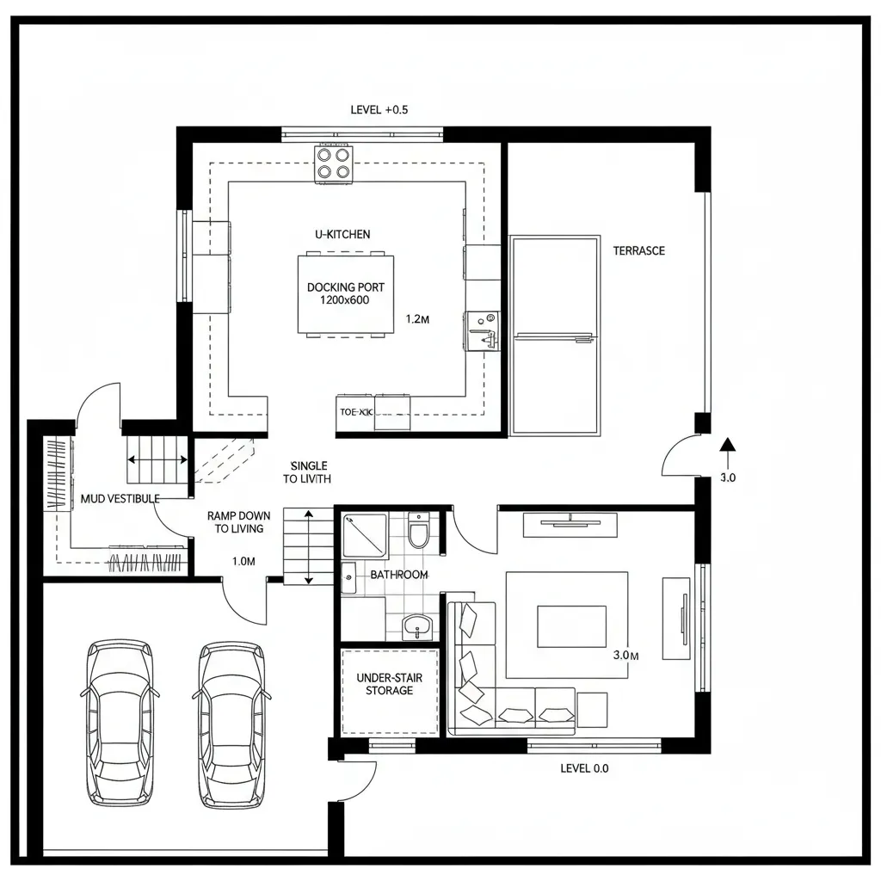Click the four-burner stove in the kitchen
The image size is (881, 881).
coord(335,163)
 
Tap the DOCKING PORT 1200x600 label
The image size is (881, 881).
coord(346,293)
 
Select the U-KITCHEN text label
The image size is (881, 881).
coord(342,234)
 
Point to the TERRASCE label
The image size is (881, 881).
coord(638,251)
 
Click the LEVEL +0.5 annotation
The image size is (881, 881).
coord(379,110)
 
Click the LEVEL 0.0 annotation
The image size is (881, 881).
coord(584,768)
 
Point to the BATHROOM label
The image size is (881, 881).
coord(398,575)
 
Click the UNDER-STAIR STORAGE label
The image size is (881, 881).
coord(389,684)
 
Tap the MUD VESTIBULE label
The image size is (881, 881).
coord(120,499)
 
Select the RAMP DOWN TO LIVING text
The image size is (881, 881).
coord(235,522)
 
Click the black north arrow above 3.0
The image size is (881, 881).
coord(728,445)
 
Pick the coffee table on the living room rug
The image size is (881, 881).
coord(571,625)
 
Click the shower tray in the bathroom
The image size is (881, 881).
coord(365,536)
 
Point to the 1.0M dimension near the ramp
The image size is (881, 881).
coord(244,562)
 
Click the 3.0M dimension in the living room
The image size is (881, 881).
coord(625,656)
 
